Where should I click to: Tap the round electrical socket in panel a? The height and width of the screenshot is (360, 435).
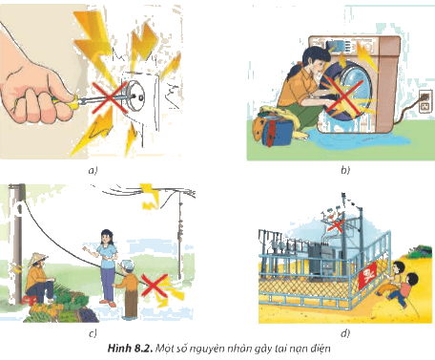point(135,94)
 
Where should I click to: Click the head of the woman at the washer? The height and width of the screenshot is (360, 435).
point(314,59)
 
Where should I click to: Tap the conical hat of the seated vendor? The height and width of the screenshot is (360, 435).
point(37,259)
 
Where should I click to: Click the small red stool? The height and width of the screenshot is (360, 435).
point(30,300)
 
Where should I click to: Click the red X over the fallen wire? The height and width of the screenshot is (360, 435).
point(155,286)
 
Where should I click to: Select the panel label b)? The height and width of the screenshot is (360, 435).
point(345,170)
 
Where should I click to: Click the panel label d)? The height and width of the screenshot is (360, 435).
point(345,333)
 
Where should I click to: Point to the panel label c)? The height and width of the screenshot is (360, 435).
point(93,333)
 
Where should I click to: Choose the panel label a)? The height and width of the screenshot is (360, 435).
point(93,171)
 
